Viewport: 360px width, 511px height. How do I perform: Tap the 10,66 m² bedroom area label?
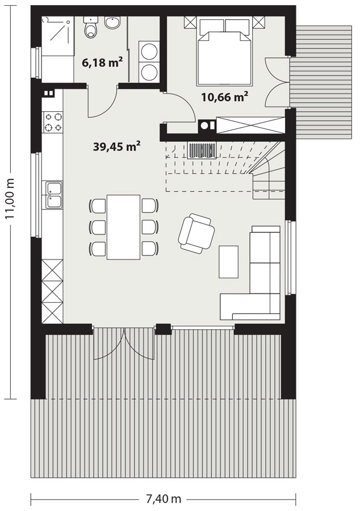tap(225, 97)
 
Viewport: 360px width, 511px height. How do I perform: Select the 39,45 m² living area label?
tap(116, 146)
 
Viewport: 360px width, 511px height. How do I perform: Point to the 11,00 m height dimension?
tap(10, 199)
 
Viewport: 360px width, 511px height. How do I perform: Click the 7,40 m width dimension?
tap(163, 499)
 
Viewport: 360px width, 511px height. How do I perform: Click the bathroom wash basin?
tap(113, 22)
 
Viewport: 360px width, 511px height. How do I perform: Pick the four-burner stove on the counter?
tap(53, 122)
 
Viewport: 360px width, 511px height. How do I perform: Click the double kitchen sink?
tap(53, 195)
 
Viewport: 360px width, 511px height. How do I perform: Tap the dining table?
tap(123, 227)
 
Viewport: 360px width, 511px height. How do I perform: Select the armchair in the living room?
tap(196, 233)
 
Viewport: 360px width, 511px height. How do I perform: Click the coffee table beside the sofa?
tap(228, 262)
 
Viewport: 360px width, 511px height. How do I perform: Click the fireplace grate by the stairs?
tap(202, 149)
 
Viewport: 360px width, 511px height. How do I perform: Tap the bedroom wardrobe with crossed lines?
tap(250, 125)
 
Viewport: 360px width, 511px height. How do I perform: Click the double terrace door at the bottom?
tap(124, 344)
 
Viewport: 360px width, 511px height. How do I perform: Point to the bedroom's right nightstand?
tap(259, 23)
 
